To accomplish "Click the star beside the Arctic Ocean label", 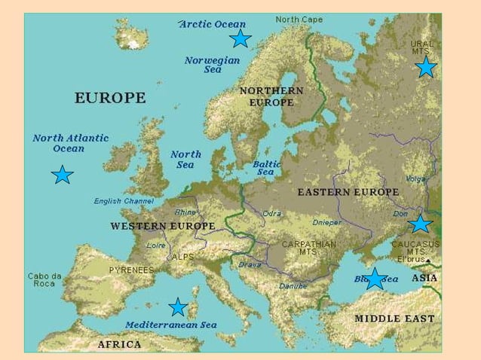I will click(x=240, y=38).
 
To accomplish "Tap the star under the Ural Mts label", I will click(x=426, y=67).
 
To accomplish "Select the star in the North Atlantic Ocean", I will click(x=62, y=175).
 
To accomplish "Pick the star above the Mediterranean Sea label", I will click(x=178, y=307).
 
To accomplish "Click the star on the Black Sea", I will click(x=375, y=278).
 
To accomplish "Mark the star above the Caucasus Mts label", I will click(x=420, y=224).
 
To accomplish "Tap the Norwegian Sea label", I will click(x=213, y=65).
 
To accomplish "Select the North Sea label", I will click(x=185, y=160).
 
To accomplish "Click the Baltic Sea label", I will click(x=266, y=167).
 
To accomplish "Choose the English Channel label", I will click(x=124, y=201).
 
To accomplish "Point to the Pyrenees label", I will click(x=131, y=270).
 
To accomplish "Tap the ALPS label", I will click(x=183, y=257).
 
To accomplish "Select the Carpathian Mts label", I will click(x=308, y=248).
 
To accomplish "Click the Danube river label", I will click(x=293, y=286).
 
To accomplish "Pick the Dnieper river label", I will click(x=326, y=223).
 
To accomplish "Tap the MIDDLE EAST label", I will click(x=394, y=319).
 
